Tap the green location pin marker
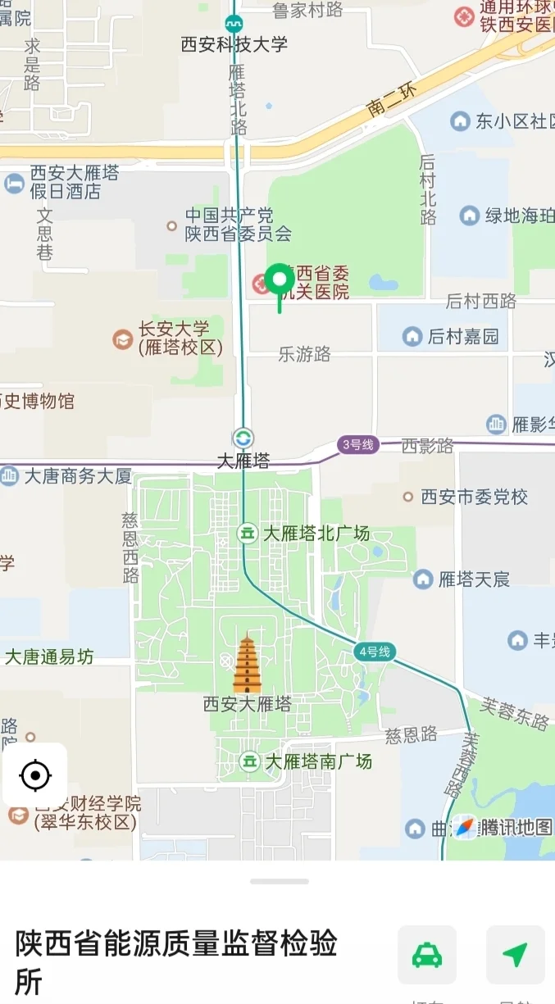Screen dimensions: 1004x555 click(x=280, y=282)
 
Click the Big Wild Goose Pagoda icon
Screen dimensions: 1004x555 click(x=247, y=664)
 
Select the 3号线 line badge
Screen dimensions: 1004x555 click(x=358, y=445)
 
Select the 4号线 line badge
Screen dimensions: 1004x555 click(x=375, y=652)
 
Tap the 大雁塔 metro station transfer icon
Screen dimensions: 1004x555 click(x=243, y=438)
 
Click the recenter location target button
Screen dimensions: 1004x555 click(x=35, y=775)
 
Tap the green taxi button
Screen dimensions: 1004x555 click(x=427, y=955)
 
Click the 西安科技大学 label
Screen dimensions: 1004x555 click(x=234, y=44)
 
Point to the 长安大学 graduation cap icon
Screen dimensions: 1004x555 click(x=123, y=338)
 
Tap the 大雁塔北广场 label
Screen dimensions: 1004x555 click(x=316, y=534)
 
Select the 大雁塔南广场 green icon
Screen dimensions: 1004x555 click(x=249, y=761)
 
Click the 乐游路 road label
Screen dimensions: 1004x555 click(x=304, y=354)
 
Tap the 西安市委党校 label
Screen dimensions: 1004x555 click(x=475, y=497)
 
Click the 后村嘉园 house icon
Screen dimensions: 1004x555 click(x=412, y=336)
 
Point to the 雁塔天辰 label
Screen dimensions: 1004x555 click(x=474, y=579)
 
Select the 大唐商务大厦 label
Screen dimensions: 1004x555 click(x=78, y=476)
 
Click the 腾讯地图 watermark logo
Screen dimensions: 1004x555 click(x=503, y=828)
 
